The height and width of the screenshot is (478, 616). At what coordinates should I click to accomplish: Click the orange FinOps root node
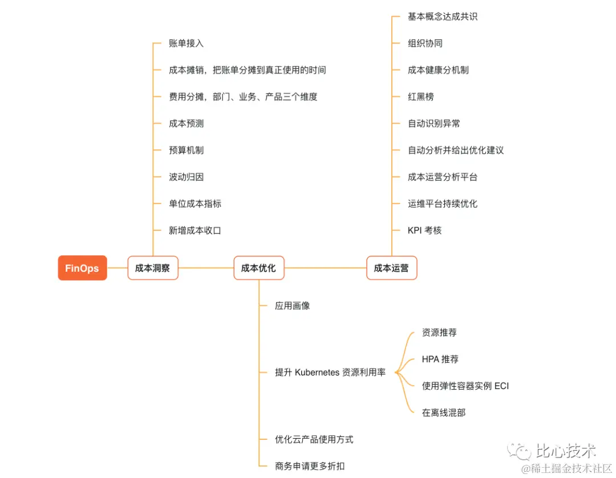click(x=82, y=268)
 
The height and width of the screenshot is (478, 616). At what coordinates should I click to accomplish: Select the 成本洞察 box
click(x=152, y=268)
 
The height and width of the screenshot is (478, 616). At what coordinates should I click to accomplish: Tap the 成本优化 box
click(x=258, y=268)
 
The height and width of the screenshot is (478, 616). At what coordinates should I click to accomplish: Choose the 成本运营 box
click(x=391, y=268)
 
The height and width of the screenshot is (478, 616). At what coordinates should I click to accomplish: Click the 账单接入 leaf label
click(x=186, y=43)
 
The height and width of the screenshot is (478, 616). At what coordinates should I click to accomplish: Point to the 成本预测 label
click(x=186, y=124)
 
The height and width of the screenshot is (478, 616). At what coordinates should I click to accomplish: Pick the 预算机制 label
click(x=186, y=150)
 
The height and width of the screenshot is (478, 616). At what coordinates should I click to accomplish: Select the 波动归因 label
click(x=186, y=177)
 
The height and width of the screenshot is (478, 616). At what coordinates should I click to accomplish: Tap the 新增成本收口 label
click(x=194, y=231)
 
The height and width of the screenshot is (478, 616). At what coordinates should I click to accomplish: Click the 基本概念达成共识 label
click(x=443, y=17)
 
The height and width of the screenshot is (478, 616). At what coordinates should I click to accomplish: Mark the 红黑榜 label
click(x=420, y=97)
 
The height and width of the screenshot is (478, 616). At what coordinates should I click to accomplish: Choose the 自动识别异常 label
click(x=433, y=124)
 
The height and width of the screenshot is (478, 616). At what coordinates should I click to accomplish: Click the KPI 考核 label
click(x=424, y=231)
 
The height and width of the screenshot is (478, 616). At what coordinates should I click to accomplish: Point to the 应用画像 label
click(x=292, y=306)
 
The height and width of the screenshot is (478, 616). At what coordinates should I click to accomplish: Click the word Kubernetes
click(x=317, y=373)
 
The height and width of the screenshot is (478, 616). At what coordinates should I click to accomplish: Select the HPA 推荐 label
click(x=440, y=359)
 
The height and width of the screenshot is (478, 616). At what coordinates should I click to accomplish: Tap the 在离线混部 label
click(x=443, y=412)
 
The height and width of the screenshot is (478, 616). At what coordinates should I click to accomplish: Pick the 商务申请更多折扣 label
click(x=310, y=466)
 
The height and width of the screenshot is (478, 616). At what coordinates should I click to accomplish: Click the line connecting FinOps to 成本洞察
click(x=117, y=268)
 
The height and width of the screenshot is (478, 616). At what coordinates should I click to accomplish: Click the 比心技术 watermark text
click(x=565, y=452)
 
